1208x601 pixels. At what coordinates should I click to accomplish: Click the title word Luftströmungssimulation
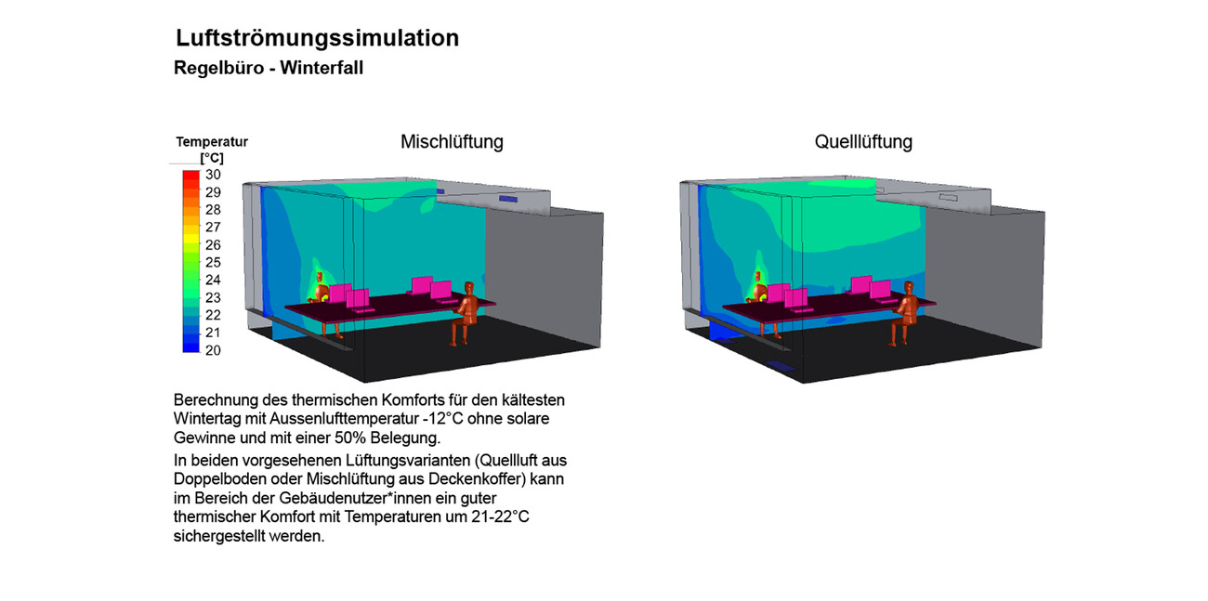[x=317, y=38]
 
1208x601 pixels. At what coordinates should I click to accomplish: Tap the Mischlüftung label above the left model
[x=452, y=142]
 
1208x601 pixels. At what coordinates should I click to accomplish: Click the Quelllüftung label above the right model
[x=863, y=142]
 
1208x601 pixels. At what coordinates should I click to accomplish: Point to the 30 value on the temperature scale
[x=213, y=175]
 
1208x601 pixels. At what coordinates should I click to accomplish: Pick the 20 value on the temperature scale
[x=213, y=350]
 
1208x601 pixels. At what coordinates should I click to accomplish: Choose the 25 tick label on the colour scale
[x=213, y=262]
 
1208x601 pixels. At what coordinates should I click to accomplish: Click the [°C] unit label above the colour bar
[x=212, y=159]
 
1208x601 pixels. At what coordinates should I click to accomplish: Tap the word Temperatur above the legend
[x=212, y=142]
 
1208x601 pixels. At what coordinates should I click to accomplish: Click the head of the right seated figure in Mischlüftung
[x=471, y=289]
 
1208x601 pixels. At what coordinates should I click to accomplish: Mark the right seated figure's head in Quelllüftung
[x=910, y=289]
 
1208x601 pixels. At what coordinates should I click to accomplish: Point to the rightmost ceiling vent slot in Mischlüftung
[x=508, y=199]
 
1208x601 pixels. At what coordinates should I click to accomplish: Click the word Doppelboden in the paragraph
[x=213, y=478]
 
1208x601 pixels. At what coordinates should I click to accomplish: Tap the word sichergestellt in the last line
[x=217, y=536]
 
